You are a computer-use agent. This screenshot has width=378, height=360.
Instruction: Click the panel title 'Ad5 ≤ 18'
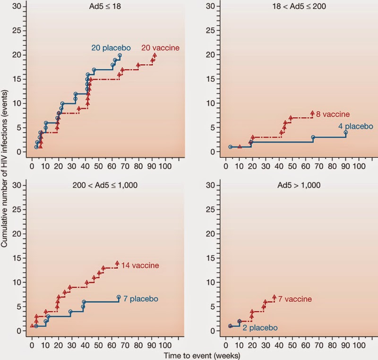[107, 6]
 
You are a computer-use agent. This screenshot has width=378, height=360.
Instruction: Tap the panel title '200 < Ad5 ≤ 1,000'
[108, 185]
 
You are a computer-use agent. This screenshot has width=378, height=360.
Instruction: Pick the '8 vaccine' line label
[333, 114]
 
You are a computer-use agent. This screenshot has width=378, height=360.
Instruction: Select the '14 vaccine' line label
[140, 266]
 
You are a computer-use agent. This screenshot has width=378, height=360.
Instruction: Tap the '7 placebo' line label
[141, 299]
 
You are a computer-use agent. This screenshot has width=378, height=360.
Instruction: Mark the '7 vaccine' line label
[295, 299]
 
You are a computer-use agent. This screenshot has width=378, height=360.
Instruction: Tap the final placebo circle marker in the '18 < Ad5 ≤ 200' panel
[346, 133]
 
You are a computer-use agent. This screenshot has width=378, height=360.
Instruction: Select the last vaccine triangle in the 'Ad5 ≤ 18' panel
[155, 55]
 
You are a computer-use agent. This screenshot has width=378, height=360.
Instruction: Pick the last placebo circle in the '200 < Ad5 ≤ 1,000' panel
[119, 298]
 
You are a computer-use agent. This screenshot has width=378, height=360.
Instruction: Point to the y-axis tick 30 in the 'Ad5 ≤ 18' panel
[22, 6]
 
